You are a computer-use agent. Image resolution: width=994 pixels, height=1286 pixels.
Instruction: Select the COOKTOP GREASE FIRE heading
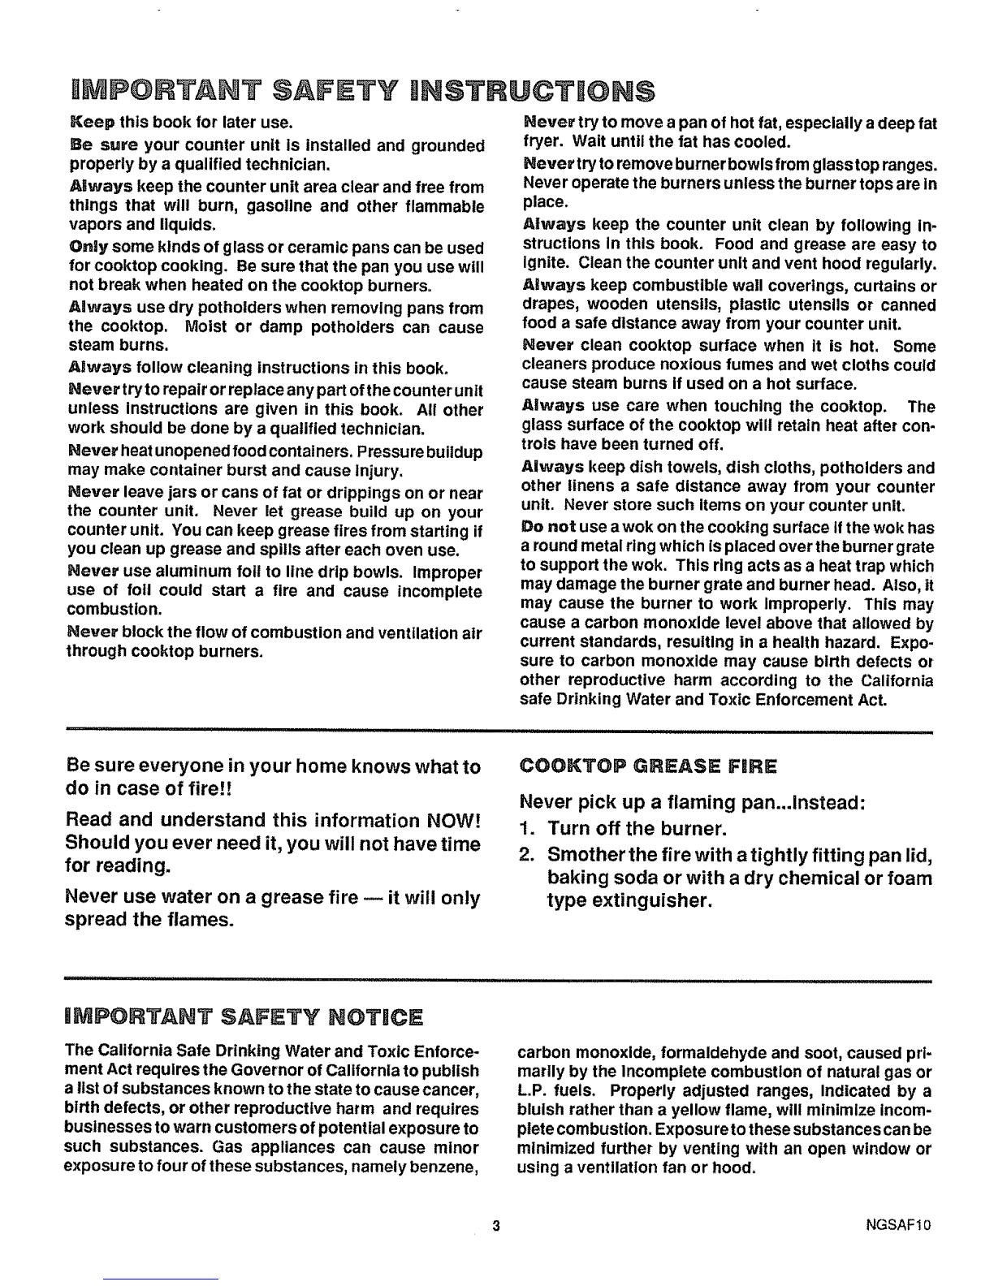coord(647,766)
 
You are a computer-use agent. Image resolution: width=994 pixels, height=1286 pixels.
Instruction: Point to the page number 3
coord(494,1225)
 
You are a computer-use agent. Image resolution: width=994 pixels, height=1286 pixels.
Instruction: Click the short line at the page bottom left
coord(161,1278)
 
